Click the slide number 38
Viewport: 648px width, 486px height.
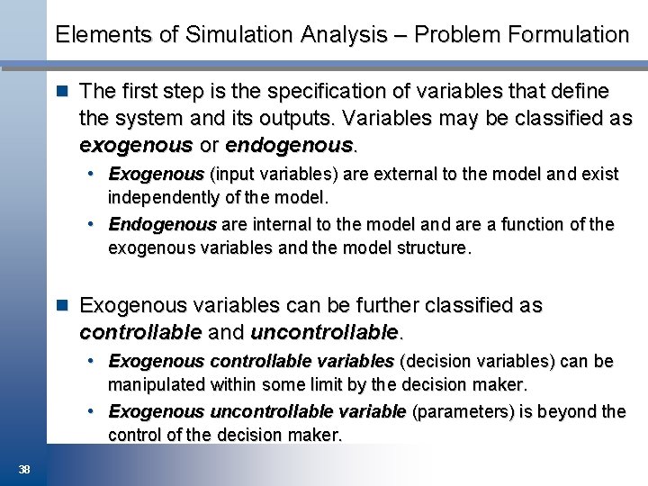click(24, 468)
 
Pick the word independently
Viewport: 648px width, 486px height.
click(156, 196)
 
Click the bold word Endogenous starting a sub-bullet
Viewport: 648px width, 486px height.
click(163, 224)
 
